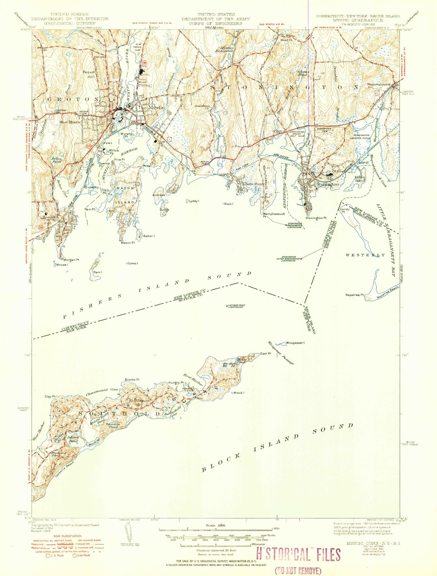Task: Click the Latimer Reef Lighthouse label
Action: tap(236, 306)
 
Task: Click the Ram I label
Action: tap(97, 272)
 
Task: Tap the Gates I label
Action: tap(133, 263)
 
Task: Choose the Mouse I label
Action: tap(62, 265)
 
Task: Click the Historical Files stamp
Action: tap(298, 555)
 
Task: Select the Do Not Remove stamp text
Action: tap(298, 571)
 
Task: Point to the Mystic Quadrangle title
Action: tap(358, 20)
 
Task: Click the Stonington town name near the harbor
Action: tap(327, 184)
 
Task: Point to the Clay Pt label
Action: tap(50, 396)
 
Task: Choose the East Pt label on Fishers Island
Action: tap(265, 353)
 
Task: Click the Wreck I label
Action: tap(239, 393)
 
